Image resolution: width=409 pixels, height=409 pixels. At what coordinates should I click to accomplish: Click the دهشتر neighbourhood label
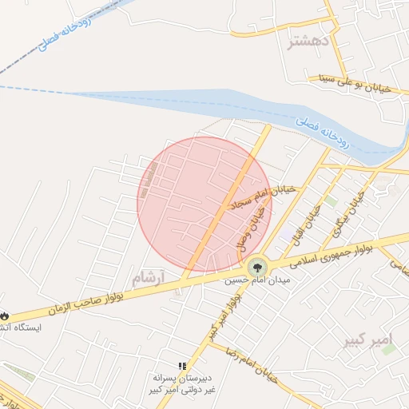pos(307,42)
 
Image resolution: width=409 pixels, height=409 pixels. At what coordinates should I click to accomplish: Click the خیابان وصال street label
pos(250,224)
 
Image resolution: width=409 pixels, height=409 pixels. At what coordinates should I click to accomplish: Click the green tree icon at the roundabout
pos(257,268)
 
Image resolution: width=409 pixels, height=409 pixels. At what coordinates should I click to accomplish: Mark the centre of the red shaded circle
pos(204,204)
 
